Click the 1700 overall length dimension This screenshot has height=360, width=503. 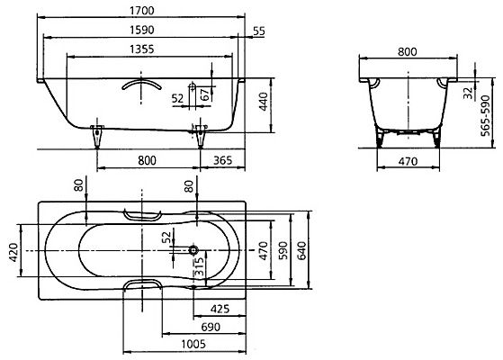click(142, 11)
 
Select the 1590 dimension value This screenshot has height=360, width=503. click(142, 30)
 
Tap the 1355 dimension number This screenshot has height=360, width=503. click(142, 49)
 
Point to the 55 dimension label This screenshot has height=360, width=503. click(259, 31)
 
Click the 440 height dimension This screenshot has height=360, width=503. click(264, 102)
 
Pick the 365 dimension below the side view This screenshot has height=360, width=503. click(222, 160)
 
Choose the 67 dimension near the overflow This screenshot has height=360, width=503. click(206, 94)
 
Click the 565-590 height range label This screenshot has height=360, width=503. click(485, 115)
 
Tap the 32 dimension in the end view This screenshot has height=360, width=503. click(469, 93)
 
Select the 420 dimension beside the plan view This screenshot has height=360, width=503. click(13, 252)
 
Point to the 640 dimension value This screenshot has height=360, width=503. click(301, 250)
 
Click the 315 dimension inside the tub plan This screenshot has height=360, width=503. click(199, 266)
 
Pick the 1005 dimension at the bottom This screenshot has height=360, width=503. click(193, 345)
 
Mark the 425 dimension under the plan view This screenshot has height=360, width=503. click(220, 309)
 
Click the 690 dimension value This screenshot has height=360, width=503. click(211, 327)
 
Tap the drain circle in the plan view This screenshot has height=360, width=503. click(193, 250)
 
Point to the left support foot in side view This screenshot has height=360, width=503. click(97, 136)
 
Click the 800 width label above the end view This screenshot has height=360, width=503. click(408, 51)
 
